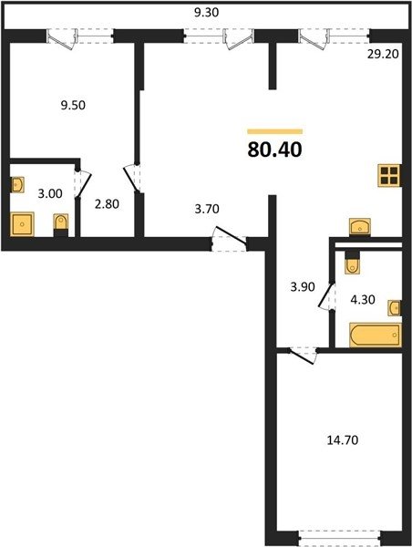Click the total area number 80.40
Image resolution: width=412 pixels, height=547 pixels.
click(274, 150)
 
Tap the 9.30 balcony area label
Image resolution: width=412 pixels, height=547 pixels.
click(206, 13)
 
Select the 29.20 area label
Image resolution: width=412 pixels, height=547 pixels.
click(383, 54)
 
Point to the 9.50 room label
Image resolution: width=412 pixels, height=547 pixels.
click(73, 105)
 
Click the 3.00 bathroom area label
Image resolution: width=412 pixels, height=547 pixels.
click(50, 193)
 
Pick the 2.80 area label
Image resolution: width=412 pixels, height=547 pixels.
click(107, 204)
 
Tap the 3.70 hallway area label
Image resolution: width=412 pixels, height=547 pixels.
click(207, 209)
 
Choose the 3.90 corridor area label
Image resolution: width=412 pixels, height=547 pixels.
click(303, 287)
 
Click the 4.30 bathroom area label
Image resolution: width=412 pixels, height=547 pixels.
click(363, 299)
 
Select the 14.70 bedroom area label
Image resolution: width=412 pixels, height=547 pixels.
click(343, 440)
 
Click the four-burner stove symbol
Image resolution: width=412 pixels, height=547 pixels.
click(390, 175)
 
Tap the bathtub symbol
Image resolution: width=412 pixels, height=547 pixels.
click(376, 335)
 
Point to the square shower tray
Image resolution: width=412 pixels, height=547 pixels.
click(22, 224)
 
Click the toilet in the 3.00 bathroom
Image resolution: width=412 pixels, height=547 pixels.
click(61, 225)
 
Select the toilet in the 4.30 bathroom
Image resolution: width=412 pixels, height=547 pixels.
click(353, 263)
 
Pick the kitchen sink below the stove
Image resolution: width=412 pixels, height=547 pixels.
click(360, 227)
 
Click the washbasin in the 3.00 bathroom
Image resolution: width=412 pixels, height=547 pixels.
click(17, 184)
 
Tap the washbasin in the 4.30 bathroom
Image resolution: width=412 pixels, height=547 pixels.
click(395, 308)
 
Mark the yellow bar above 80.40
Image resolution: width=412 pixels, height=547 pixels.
click(275, 131)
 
